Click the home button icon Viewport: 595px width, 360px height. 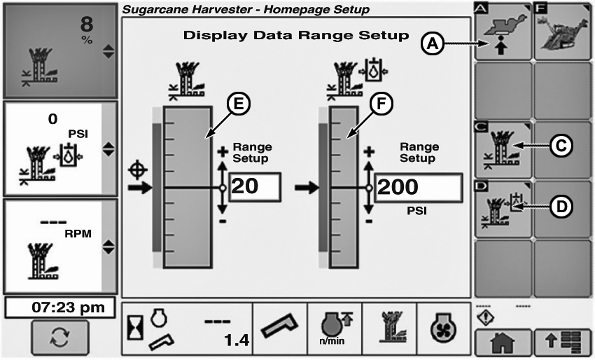click(503, 344)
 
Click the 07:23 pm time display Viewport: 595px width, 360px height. click(59, 306)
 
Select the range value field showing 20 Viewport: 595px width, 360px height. click(254, 188)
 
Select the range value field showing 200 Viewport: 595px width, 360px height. click(418, 188)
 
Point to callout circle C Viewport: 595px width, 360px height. click(559, 146)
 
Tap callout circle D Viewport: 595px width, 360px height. click(559, 205)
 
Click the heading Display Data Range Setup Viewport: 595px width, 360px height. click(295, 35)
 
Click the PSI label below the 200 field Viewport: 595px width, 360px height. click(418, 209)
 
